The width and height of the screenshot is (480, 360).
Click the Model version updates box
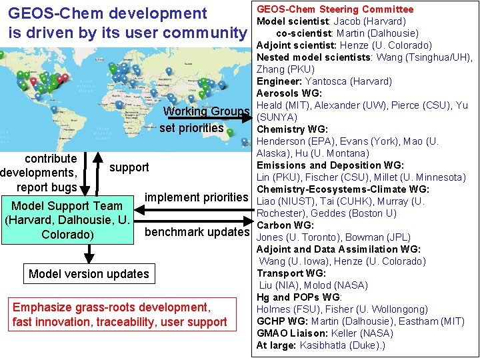pyautogui.click(x=89, y=274)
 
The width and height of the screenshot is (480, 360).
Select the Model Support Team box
pyautogui.click(x=67, y=220)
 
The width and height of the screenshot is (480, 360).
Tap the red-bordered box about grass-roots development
pyautogui.click(x=119, y=315)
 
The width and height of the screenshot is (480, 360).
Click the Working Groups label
pyautogui.click(x=206, y=111)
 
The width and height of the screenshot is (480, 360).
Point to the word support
pyautogui.click(x=129, y=167)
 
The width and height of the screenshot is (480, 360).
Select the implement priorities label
pyautogui.click(x=196, y=197)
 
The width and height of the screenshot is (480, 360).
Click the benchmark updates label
pyautogui.click(x=196, y=232)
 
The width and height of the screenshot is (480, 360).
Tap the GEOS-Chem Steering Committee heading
pyautogui.click(x=335, y=9)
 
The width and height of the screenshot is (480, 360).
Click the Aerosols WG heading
pyautogui.click(x=289, y=93)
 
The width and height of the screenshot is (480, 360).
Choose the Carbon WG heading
pyautogui.click(x=285, y=225)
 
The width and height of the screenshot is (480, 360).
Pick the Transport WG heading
pyautogui.click(x=291, y=273)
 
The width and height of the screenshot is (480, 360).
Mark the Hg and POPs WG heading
pyautogui.click(x=299, y=297)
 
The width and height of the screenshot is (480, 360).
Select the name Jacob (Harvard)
pyautogui.click(x=369, y=21)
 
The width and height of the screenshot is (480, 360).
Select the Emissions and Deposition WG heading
pyautogui.click(x=329, y=165)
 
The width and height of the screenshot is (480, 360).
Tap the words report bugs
pyautogui.click(x=47, y=187)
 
